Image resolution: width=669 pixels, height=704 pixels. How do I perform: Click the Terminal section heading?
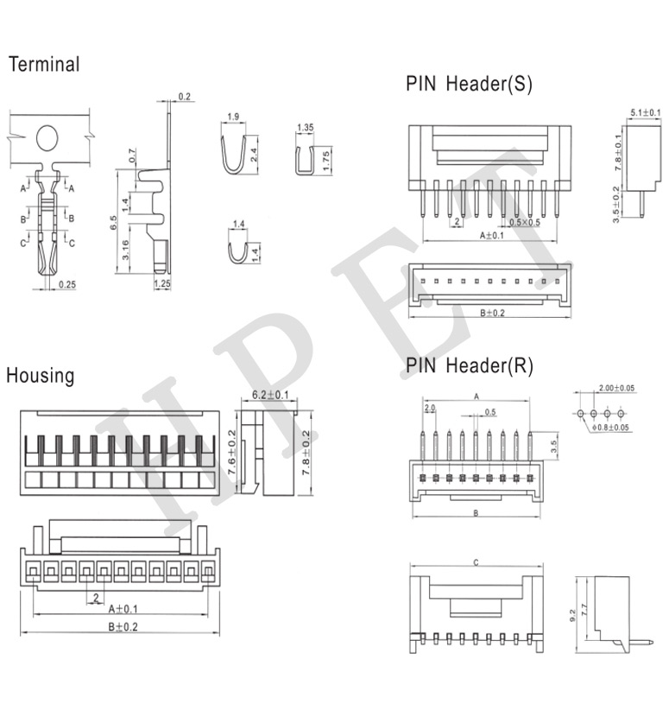click(x=44, y=65)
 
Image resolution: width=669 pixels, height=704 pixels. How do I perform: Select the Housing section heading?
click(x=41, y=376)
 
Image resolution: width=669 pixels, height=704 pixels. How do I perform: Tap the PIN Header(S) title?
click(x=469, y=84)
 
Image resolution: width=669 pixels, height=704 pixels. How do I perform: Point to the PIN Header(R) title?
click(x=470, y=365)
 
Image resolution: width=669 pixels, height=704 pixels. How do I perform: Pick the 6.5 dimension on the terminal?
click(x=114, y=223)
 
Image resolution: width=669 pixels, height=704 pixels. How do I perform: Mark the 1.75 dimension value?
click(x=326, y=160)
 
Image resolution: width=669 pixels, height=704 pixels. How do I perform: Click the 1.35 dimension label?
click(x=305, y=128)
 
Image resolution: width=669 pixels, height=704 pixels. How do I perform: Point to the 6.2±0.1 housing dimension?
click(x=269, y=395)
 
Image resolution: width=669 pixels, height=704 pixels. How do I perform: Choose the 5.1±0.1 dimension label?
click(x=646, y=113)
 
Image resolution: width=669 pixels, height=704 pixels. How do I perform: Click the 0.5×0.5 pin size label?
click(x=525, y=223)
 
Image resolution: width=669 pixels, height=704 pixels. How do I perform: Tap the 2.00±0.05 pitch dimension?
click(x=615, y=389)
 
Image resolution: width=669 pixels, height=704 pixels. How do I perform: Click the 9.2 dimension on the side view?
click(x=571, y=615)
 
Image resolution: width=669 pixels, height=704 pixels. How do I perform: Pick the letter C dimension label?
click(x=476, y=562)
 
